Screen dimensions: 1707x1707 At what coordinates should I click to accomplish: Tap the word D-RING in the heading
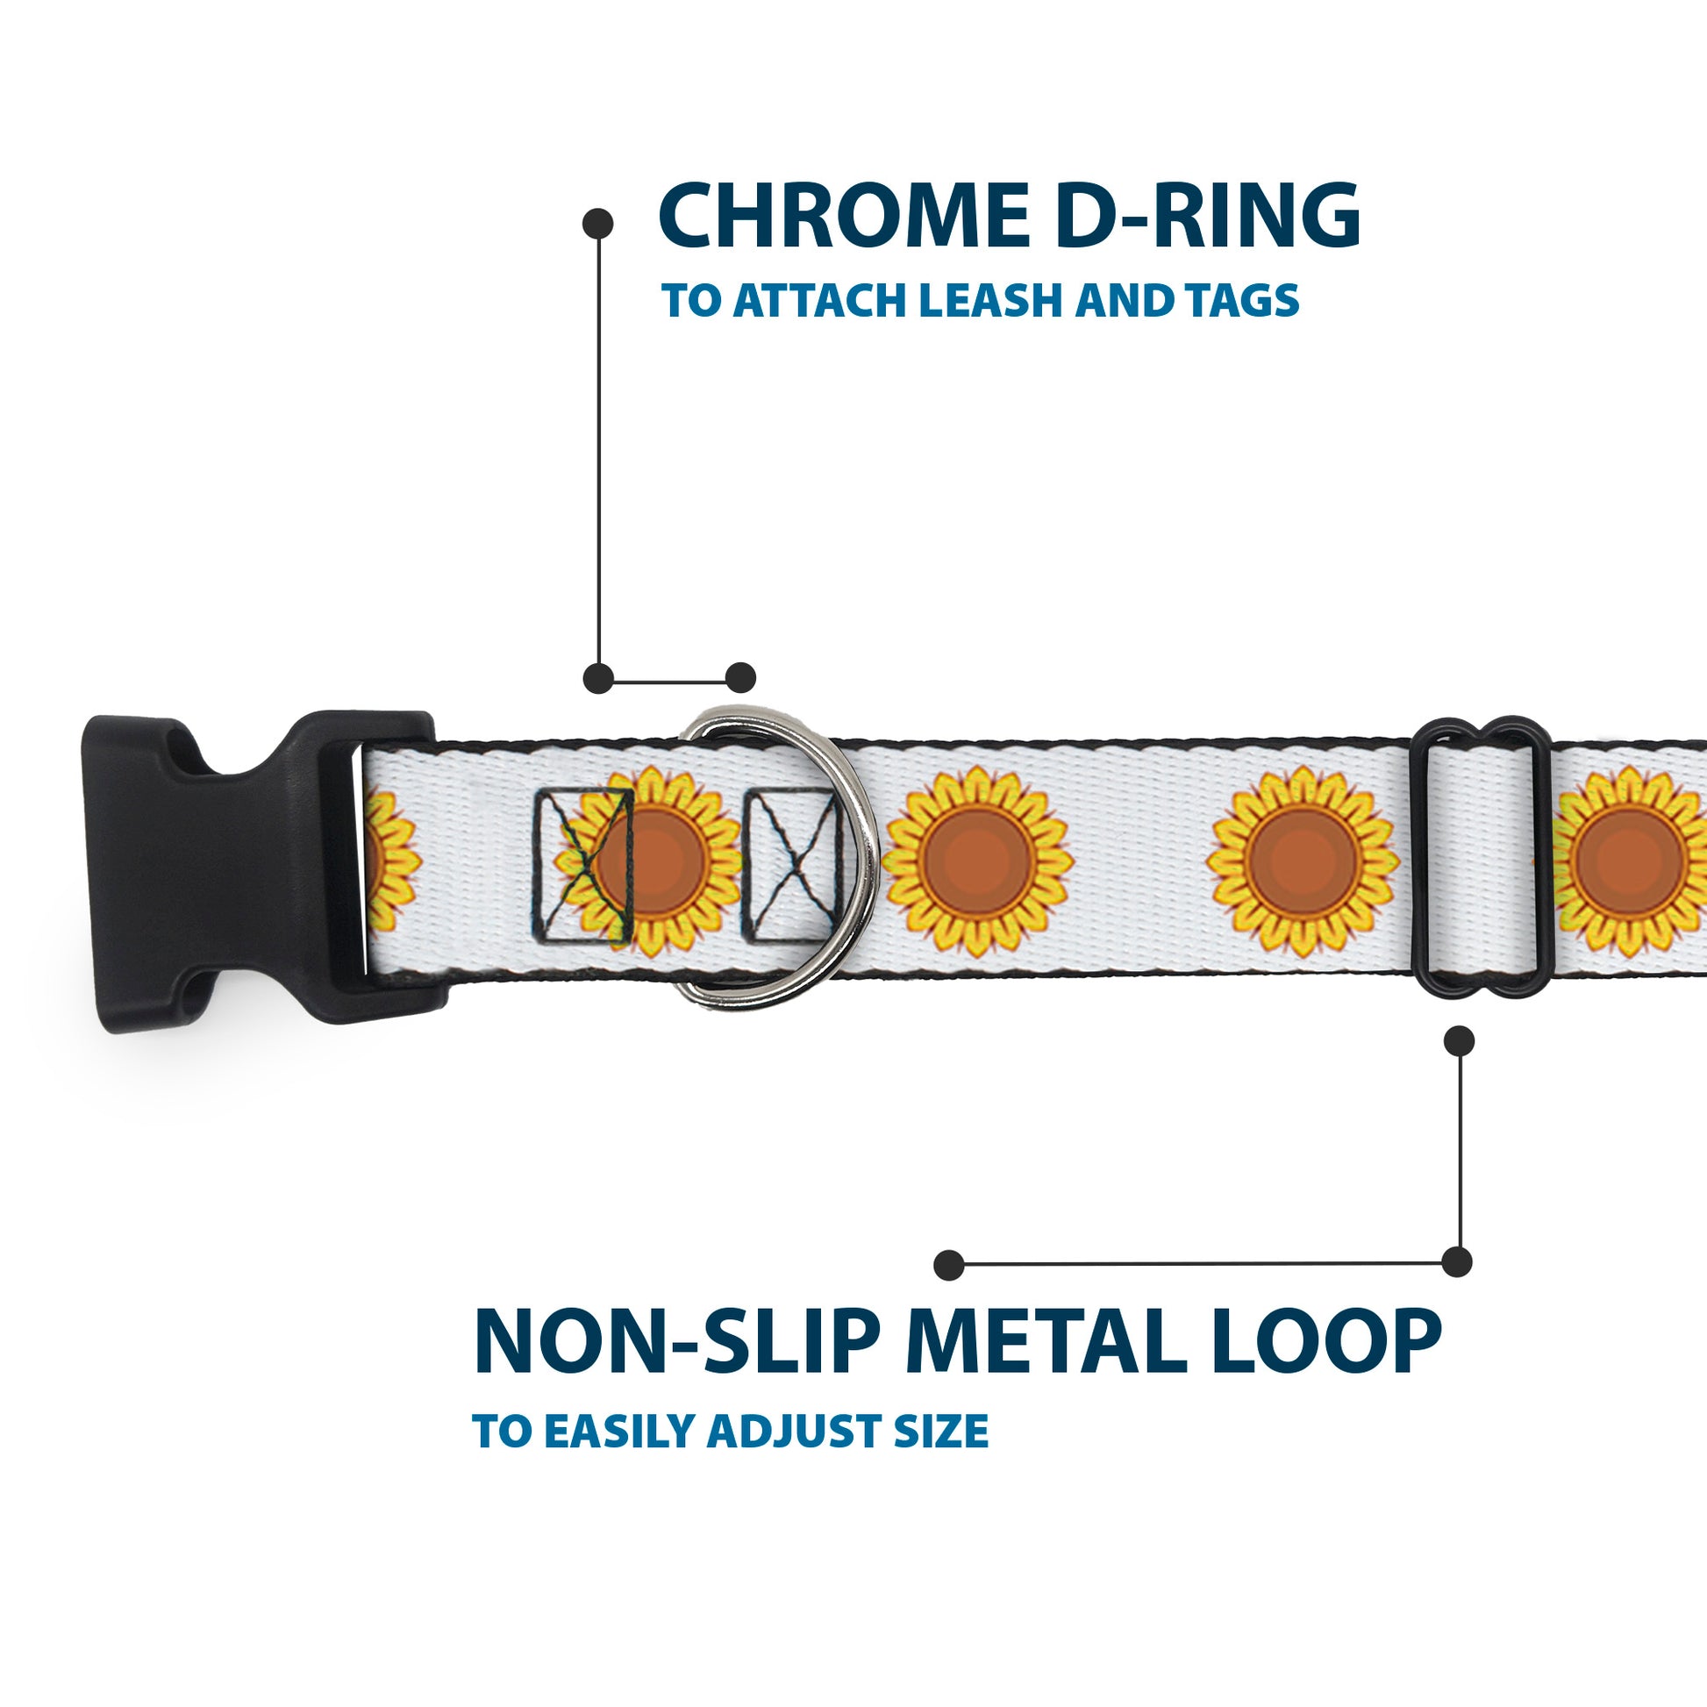click(1207, 217)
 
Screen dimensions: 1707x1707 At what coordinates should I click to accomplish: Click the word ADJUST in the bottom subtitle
click(795, 1432)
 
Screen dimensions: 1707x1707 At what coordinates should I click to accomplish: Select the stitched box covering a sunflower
click(582, 866)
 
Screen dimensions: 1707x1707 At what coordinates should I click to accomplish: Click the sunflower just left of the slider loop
click(1303, 862)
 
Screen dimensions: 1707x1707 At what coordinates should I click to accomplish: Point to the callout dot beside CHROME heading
click(598, 224)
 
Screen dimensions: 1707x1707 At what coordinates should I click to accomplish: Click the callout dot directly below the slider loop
click(1459, 1041)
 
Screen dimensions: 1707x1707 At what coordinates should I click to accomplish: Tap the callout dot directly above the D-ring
click(740, 678)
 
